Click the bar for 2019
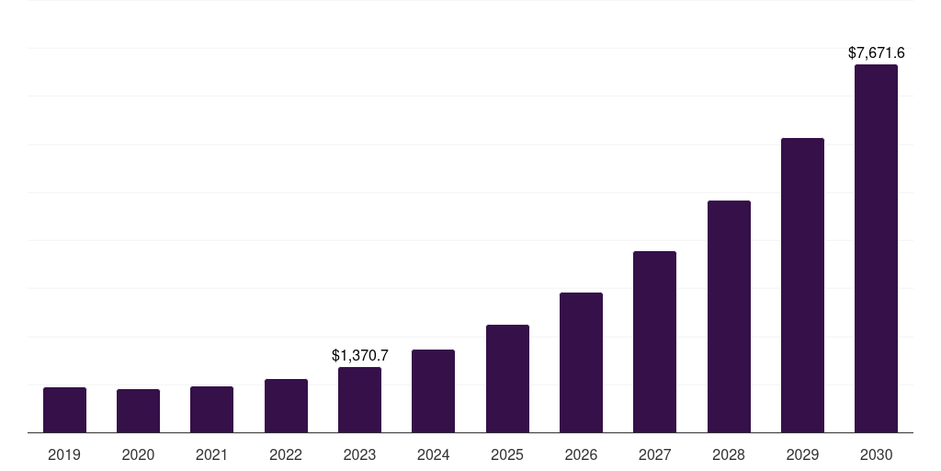click(x=64, y=410)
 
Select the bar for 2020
click(x=138, y=411)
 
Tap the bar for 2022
click(x=286, y=406)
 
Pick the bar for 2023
click(x=359, y=400)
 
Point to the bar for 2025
click(x=507, y=379)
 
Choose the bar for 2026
click(x=581, y=362)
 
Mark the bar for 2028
click(x=729, y=316)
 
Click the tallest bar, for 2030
click(x=876, y=248)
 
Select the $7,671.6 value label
click(x=876, y=53)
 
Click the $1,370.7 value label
click(x=360, y=355)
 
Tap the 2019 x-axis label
click(x=64, y=454)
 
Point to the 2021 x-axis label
click(x=211, y=454)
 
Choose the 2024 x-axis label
click(x=433, y=454)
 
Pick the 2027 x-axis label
click(x=654, y=454)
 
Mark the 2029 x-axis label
click(x=802, y=454)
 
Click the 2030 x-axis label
click(x=876, y=454)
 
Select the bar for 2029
click(x=802, y=285)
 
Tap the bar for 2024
click(x=433, y=391)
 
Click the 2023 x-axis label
click(x=359, y=454)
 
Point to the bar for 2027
click(x=654, y=342)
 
